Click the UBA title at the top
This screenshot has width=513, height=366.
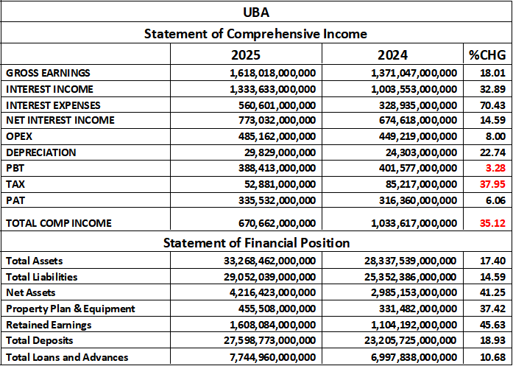[255, 12]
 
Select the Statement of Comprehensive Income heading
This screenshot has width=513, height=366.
[255, 34]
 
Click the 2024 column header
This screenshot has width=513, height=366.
[392, 54]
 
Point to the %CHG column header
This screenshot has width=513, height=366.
[487, 54]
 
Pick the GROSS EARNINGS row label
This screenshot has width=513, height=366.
[48, 73]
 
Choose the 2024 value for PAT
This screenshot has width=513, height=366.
[408, 200]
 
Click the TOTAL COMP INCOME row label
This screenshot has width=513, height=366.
[57, 222]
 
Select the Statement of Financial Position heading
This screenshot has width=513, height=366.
[255, 243]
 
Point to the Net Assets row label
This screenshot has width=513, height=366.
[30, 292]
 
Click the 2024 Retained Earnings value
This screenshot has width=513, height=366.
[406, 325]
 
